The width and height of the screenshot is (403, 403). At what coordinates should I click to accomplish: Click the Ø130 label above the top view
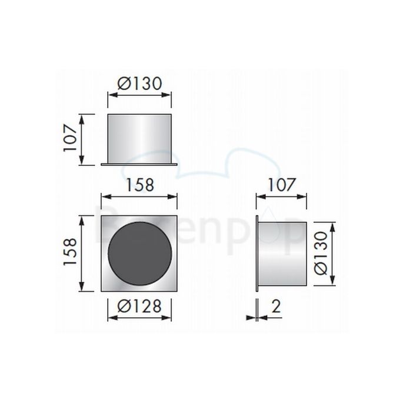click(x=139, y=84)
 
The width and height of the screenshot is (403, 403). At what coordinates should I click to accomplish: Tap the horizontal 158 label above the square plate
click(x=139, y=184)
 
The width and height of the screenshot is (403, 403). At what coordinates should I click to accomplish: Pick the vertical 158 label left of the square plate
click(x=70, y=252)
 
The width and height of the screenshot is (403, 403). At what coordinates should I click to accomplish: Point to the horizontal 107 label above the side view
click(x=281, y=184)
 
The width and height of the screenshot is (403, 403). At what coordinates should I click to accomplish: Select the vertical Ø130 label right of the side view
click(x=322, y=253)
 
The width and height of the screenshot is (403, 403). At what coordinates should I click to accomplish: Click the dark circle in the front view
click(x=139, y=253)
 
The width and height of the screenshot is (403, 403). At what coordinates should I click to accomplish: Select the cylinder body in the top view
click(x=139, y=139)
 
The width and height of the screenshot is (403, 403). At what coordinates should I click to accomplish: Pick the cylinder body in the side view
click(x=284, y=253)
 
